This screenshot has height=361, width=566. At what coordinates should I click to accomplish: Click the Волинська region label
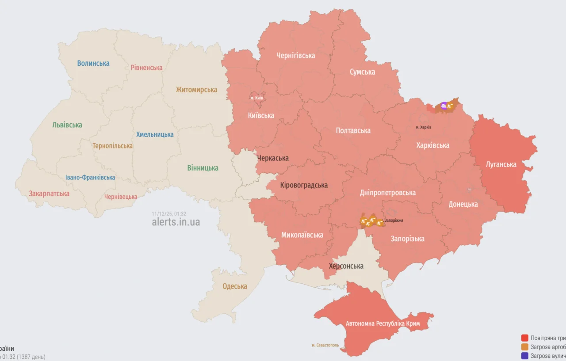(93, 63)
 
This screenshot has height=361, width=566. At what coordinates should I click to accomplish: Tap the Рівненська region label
(146, 68)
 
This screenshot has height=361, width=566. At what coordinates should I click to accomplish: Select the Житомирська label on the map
(196, 90)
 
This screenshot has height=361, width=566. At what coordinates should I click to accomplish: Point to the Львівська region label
(67, 125)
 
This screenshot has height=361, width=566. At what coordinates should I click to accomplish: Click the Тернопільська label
(112, 146)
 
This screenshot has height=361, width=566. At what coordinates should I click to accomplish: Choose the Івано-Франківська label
(90, 178)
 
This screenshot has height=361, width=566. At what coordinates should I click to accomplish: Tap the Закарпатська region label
(49, 194)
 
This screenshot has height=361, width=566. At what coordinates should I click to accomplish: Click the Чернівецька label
(121, 197)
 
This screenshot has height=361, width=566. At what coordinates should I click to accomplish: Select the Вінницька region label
(203, 168)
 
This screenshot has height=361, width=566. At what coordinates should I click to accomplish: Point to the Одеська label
(234, 286)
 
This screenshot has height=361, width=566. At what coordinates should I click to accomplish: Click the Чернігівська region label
(295, 56)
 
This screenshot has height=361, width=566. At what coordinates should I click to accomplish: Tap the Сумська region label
(362, 72)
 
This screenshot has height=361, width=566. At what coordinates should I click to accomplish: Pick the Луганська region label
(501, 165)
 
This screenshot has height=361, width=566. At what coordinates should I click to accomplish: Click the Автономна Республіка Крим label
(382, 324)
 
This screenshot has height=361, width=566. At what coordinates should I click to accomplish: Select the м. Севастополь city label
(325, 345)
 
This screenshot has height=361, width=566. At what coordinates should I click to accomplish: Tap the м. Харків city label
(424, 127)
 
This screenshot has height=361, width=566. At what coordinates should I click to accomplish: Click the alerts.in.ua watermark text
(176, 222)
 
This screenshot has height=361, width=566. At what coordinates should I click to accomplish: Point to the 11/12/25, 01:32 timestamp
(169, 213)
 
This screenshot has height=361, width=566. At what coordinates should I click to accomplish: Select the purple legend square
(525, 356)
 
